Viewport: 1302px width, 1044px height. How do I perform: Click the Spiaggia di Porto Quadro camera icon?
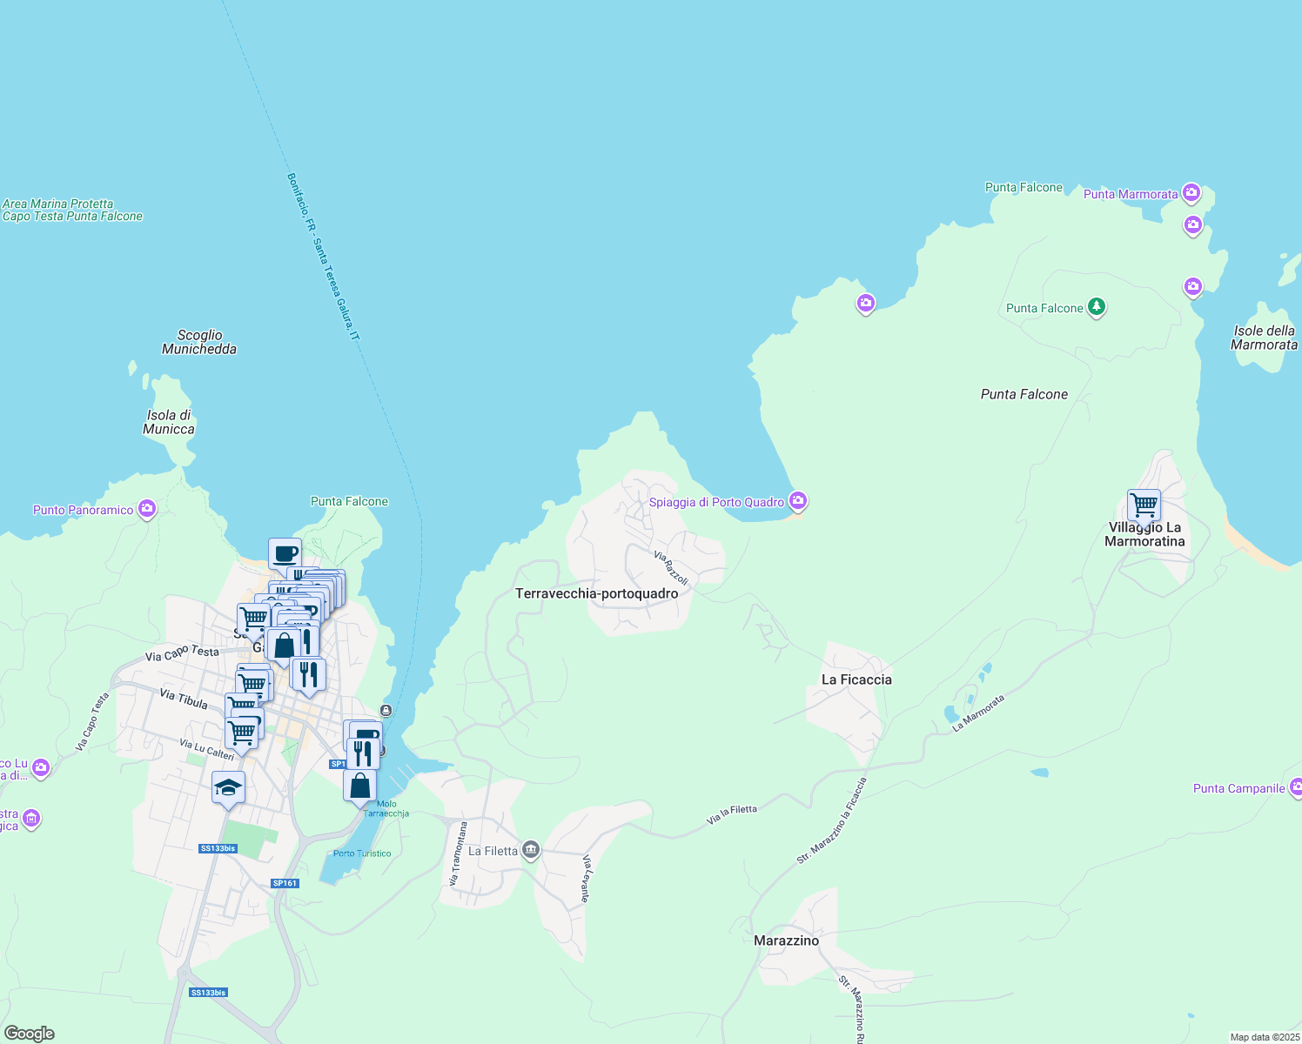point(798,500)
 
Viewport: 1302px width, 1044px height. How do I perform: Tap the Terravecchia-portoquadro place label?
point(596,593)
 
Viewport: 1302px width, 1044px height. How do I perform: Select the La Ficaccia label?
point(856,679)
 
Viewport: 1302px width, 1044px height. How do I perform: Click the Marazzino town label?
point(786,940)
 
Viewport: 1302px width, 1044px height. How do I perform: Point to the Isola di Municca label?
point(169,422)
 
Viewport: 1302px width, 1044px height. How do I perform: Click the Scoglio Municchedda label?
point(199,342)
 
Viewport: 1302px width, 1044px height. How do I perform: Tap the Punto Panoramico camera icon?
point(147,508)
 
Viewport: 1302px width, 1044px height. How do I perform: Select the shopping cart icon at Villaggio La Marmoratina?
point(1144,505)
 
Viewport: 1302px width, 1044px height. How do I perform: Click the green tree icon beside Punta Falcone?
point(1097,306)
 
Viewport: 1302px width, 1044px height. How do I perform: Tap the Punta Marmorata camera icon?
point(1191,192)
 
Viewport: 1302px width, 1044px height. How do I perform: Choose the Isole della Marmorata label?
point(1264,338)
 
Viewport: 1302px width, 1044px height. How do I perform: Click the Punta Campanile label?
point(1238,789)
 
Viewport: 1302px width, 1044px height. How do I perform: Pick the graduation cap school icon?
point(228,788)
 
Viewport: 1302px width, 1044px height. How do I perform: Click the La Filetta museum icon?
point(531,850)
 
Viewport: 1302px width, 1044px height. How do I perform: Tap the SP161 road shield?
point(285,883)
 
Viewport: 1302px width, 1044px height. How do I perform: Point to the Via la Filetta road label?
point(731,814)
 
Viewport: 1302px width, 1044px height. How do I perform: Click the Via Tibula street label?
point(184,698)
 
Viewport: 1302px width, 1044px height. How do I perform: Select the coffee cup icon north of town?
point(285,553)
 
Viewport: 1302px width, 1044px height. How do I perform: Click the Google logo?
point(29,1034)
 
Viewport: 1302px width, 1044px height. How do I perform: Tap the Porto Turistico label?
point(362,853)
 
